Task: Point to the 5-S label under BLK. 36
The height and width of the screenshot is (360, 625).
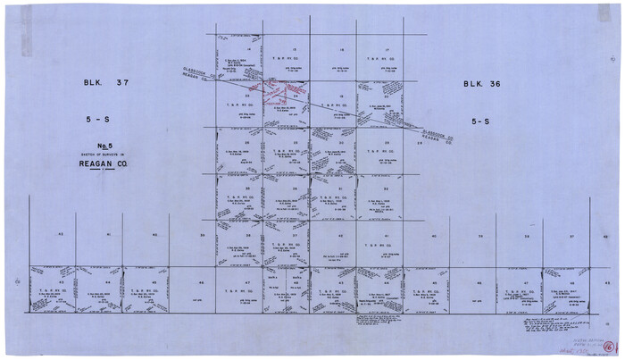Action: [486, 118]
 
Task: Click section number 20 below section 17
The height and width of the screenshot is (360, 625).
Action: [386, 95]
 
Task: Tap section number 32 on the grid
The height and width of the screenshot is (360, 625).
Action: [386, 188]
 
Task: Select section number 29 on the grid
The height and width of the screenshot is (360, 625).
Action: [386, 142]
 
